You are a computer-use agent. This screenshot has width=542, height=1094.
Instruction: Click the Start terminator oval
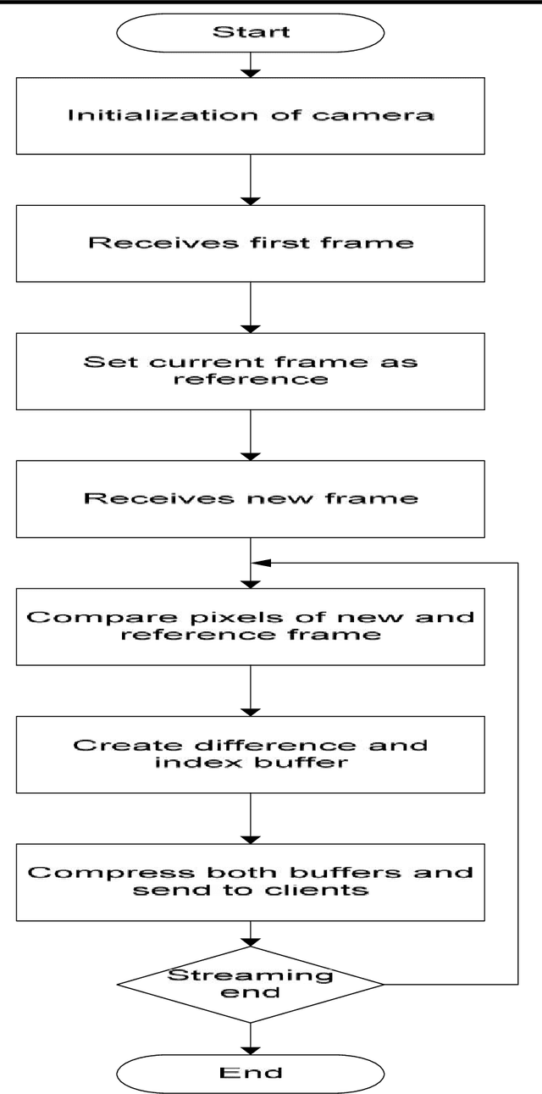[252, 32]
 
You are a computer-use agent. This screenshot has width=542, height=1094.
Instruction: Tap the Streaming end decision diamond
[252, 984]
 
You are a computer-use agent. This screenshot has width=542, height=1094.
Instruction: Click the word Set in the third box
[102, 361]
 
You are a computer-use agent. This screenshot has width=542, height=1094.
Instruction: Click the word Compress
[83, 873]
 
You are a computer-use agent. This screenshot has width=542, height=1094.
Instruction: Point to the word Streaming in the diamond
[252, 975]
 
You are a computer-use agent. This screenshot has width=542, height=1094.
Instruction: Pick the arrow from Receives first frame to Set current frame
[252, 307]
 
